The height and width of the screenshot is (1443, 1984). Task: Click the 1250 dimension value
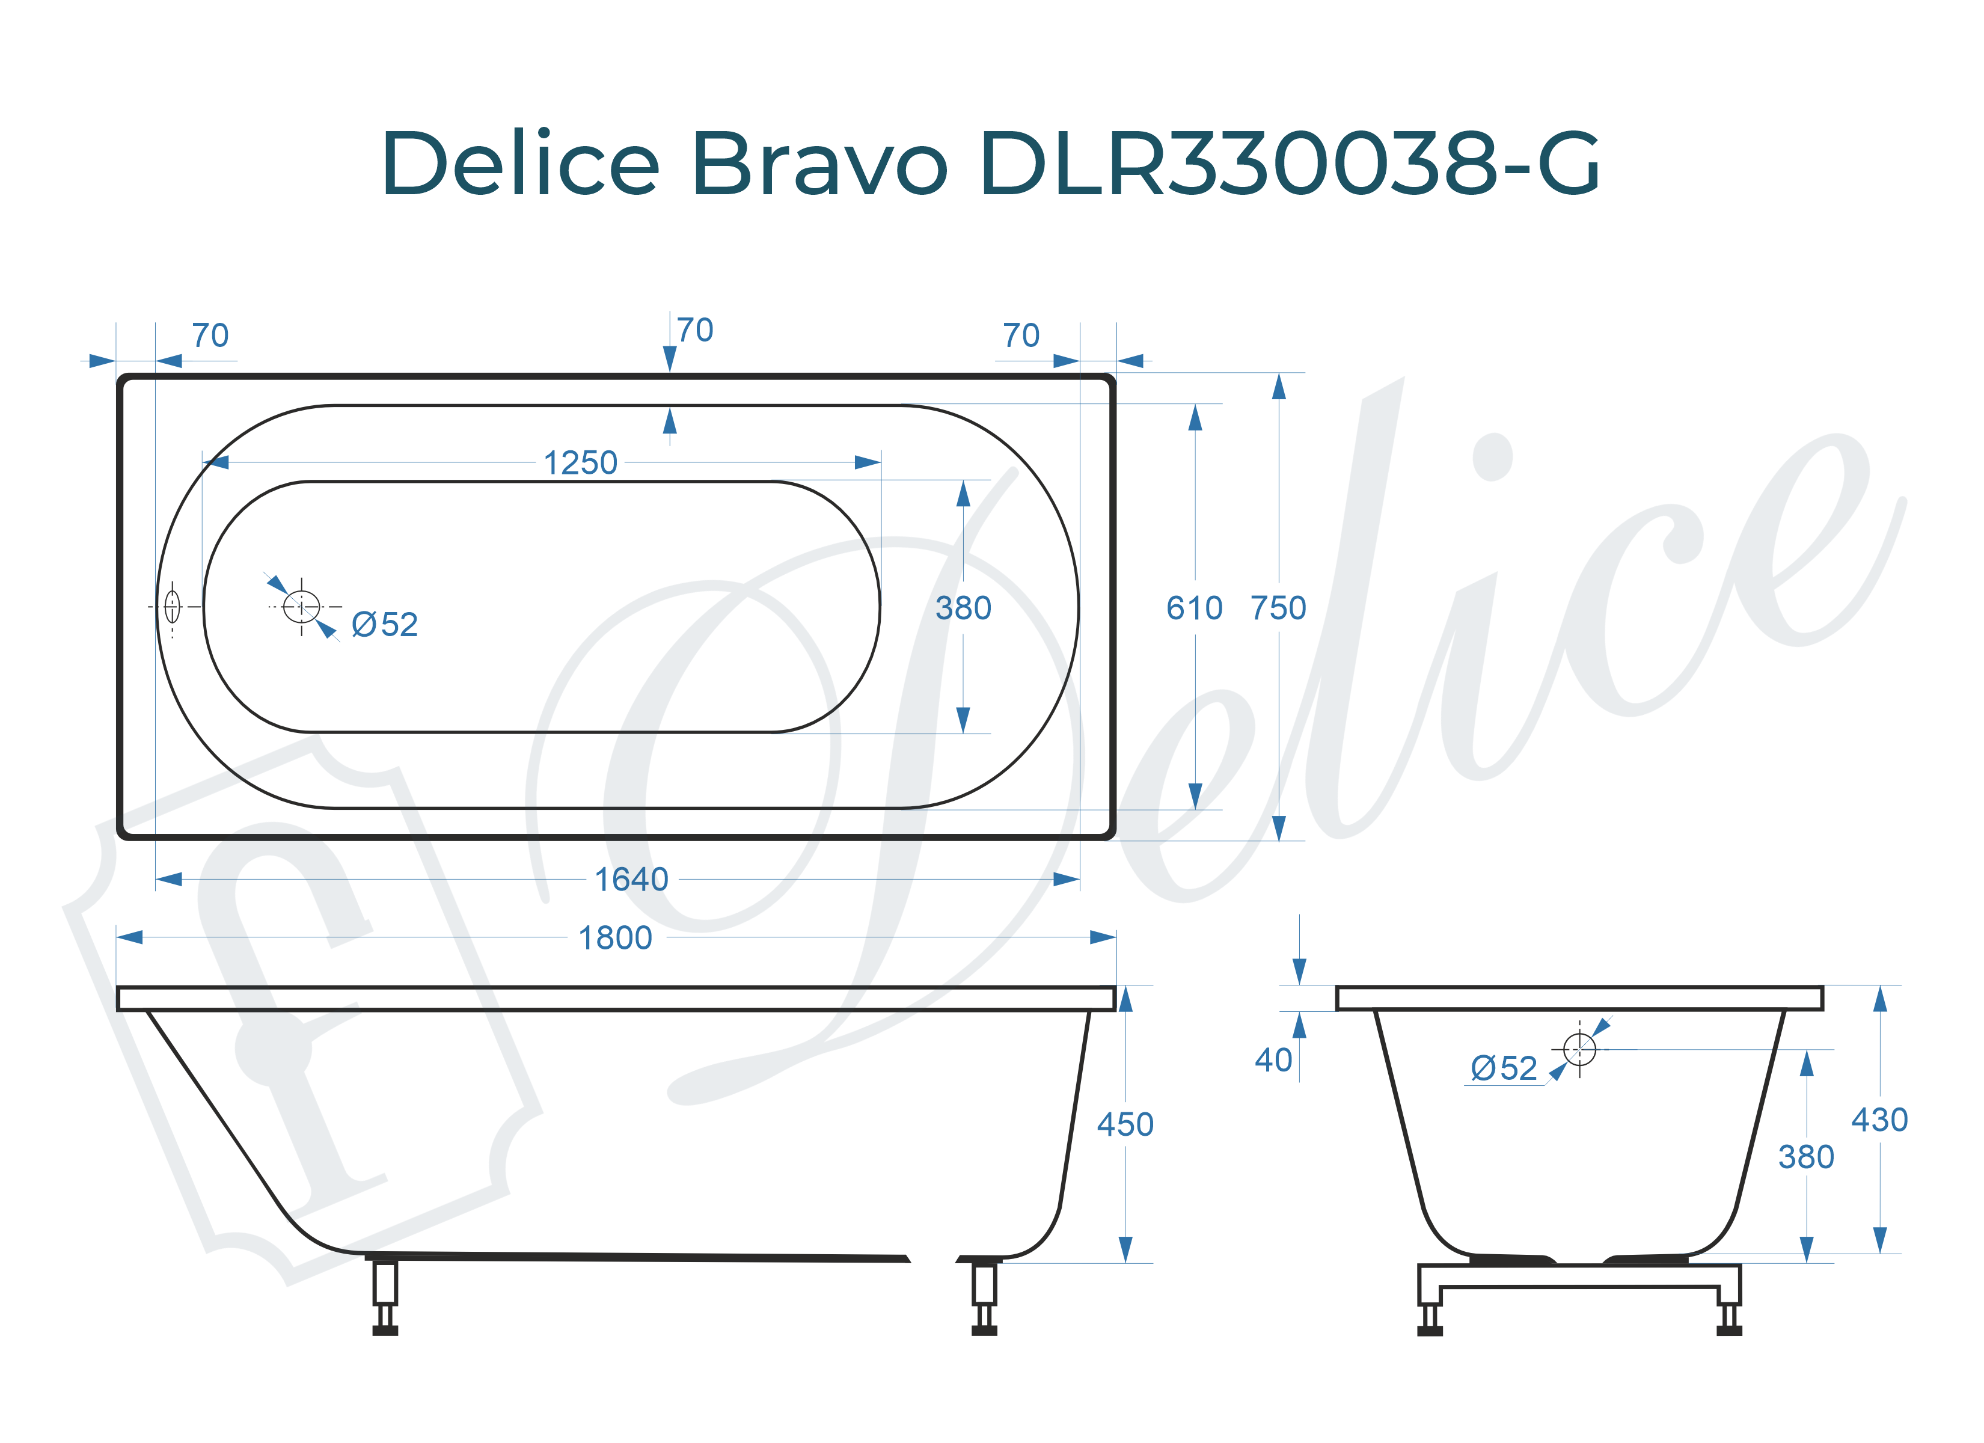(x=580, y=463)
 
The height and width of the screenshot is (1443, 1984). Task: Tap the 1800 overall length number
(x=615, y=938)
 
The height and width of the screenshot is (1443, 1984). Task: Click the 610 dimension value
(x=1194, y=608)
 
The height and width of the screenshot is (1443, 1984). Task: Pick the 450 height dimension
(x=1125, y=1124)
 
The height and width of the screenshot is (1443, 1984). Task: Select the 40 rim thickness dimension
(x=1273, y=1061)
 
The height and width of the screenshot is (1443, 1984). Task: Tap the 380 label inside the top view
(x=963, y=608)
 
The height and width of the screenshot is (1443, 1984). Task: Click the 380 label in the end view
(x=1805, y=1158)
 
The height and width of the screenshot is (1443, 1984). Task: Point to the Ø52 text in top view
(x=385, y=625)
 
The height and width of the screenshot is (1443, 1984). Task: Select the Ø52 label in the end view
(x=1504, y=1068)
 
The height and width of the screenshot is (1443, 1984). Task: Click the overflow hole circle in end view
(x=1579, y=1049)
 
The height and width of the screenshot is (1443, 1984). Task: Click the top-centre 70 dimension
(x=694, y=331)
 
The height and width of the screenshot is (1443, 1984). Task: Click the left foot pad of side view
(x=385, y=1331)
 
